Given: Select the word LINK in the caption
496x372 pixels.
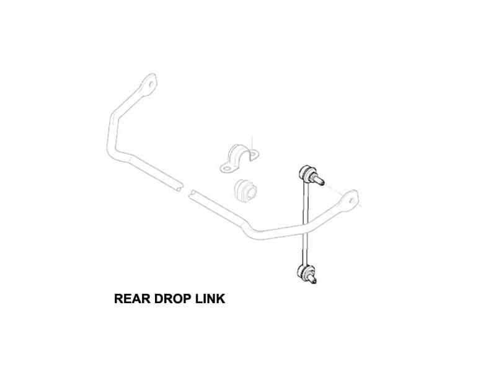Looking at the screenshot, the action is point(210,299).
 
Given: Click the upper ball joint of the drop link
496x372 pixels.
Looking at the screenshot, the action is point(306,172).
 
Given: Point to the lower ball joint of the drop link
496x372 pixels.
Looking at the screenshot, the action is point(305,272).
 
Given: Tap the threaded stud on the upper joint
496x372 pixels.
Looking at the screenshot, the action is point(319,180).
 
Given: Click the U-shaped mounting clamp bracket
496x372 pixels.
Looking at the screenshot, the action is point(239,159).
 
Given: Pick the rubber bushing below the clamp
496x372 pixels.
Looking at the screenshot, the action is point(246,190).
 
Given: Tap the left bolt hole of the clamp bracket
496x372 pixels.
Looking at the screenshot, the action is point(227,168).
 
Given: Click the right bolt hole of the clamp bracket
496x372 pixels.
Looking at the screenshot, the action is point(254,154).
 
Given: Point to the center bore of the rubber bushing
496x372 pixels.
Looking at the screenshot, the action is point(252,192).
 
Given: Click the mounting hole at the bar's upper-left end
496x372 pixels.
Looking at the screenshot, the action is point(151,84).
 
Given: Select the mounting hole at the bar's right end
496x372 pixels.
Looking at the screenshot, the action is point(352,200).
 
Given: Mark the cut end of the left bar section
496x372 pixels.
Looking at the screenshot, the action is point(180,187).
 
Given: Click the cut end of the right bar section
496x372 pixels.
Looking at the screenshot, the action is point(192,194).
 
